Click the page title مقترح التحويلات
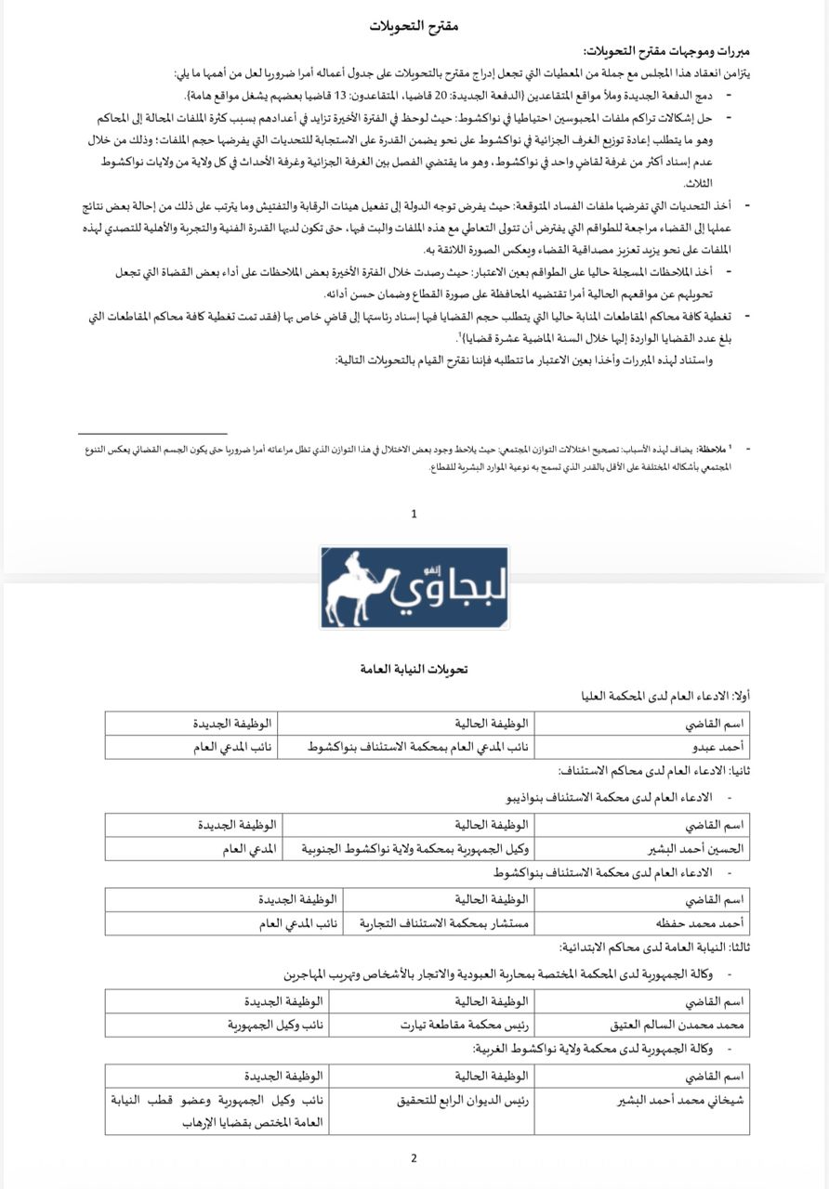coord(414,25)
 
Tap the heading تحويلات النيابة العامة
coord(414,668)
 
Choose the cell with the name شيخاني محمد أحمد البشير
coord(682,1100)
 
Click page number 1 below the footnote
coord(414,513)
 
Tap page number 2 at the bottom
coord(414,1157)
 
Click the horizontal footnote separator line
coord(152,433)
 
